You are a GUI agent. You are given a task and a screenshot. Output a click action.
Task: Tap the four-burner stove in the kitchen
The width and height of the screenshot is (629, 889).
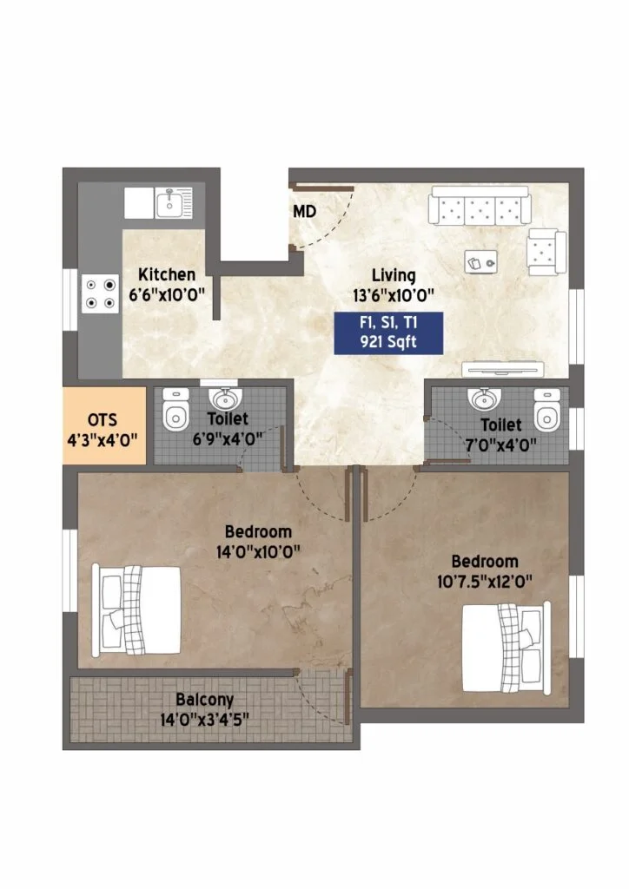click(100, 293)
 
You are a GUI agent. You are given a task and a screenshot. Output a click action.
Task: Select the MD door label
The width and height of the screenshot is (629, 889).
click(305, 212)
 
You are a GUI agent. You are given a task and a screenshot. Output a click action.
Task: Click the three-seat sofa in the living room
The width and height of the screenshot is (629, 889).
click(480, 205)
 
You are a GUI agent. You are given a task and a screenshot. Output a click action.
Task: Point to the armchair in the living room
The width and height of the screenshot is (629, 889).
click(546, 253)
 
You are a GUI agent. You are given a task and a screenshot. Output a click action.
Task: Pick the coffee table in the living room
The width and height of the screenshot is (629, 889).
click(481, 261)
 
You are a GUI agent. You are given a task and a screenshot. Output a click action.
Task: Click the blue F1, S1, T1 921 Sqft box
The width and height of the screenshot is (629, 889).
click(388, 333)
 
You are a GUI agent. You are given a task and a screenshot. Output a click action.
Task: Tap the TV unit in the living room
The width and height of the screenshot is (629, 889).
click(502, 370)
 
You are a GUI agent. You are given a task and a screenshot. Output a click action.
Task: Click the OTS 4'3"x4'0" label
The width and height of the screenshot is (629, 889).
click(103, 430)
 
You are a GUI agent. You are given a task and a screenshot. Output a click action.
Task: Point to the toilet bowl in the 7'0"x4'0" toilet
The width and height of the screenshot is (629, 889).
click(546, 409)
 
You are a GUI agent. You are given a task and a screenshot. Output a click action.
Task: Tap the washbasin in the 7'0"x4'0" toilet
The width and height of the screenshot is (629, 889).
click(484, 398)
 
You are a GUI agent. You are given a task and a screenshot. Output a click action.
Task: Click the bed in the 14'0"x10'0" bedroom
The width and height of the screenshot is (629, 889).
click(136, 609)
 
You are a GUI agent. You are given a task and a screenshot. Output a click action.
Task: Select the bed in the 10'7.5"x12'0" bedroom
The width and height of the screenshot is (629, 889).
click(506, 647)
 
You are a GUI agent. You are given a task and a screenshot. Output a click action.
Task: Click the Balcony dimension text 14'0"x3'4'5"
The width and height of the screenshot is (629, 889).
click(204, 720)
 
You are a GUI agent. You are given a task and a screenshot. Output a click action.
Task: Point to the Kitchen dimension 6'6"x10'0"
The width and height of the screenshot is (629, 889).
click(167, 295)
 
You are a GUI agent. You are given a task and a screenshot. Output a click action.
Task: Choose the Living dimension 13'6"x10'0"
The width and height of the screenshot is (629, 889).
click(394, 295)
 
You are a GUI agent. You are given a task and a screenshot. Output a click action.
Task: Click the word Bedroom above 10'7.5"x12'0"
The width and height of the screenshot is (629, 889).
click(485, 562)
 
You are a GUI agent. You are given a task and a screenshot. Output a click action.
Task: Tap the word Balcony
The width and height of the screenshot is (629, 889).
click(204, 700)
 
